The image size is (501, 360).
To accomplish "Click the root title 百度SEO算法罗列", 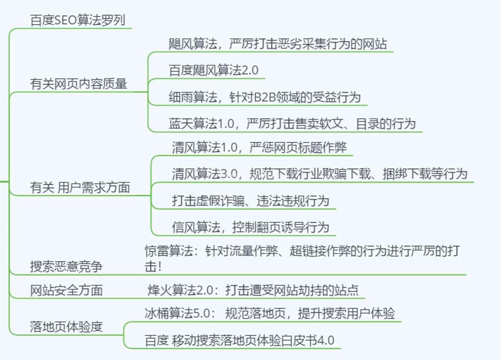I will [x=78, y=20].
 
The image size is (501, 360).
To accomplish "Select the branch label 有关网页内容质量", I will [x=79, y=84].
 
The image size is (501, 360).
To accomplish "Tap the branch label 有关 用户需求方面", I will [x=80, y=188].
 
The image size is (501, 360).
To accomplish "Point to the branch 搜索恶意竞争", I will [x=66, y=267].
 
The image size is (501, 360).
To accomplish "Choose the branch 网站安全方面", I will [x=66, y=290].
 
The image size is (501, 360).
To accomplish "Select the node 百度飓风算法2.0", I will [x=213, y=70].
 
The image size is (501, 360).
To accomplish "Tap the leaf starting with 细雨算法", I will [x=264, y=97].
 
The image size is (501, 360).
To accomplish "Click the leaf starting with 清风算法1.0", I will [x=262, y=147].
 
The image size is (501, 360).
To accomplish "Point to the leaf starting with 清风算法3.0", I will [x=319, y=174].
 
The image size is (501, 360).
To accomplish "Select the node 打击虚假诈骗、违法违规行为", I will [x=250, y=201].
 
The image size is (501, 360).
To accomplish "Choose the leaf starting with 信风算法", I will [x=250, y=227].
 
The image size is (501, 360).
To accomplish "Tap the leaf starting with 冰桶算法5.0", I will [x=270, y=313].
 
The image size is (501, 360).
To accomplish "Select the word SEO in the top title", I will [x=65, y=20].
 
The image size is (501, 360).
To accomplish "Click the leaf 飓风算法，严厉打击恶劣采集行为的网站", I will [x=278, y=44].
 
